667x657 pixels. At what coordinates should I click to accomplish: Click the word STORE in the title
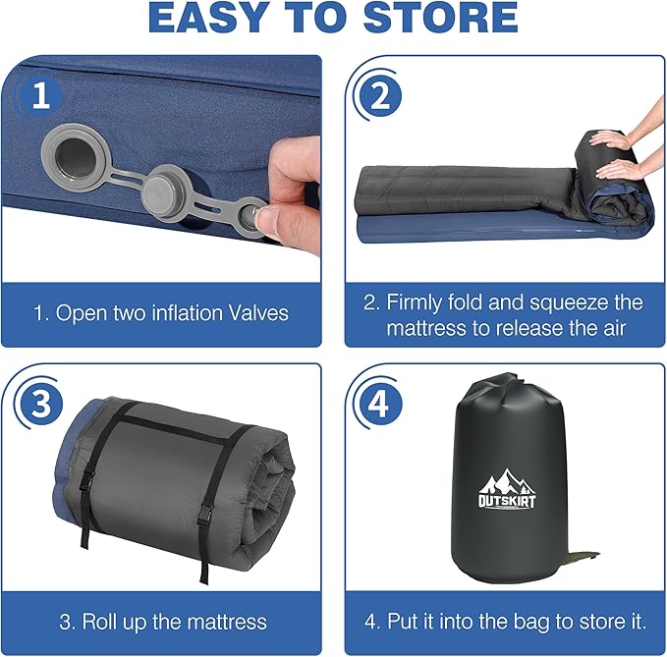440,18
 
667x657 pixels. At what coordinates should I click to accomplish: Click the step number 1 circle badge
41,95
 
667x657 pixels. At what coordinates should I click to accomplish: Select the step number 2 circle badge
380,96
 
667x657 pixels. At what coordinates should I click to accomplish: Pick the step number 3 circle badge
41,403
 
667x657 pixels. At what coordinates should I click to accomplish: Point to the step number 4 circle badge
380,403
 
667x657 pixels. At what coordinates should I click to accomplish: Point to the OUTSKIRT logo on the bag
507,489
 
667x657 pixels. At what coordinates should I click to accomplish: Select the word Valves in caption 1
258,313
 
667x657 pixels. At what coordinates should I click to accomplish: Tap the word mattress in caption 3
227,622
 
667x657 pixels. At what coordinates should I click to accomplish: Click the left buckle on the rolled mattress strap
87,481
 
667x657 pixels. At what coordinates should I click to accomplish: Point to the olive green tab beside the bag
584,556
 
